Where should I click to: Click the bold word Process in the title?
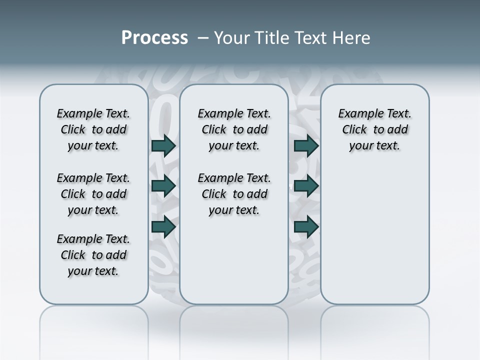[x=154, y=38]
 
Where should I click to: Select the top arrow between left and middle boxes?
[x=163, y=145]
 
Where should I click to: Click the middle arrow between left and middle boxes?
[x=163, y=186]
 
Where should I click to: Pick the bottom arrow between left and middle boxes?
[x=163, y=227]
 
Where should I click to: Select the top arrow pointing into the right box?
[x=306, y=145]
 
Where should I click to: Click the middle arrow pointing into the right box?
[x=306, y=186]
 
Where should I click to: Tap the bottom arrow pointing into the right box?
[x=306, y=227]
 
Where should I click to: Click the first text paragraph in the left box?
[x=93, y=129]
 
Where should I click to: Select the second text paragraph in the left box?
[x=93, y=194]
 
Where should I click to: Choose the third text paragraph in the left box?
[x=93, y=255]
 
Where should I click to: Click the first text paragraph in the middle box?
[x=234, y=129]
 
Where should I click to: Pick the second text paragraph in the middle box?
[x=234, y=194]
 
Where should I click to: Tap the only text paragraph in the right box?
[x=375, y=129]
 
